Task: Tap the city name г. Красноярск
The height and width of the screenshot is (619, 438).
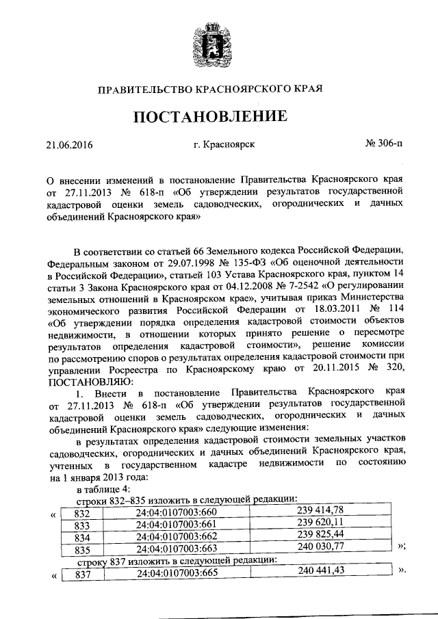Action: click(224, 145)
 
